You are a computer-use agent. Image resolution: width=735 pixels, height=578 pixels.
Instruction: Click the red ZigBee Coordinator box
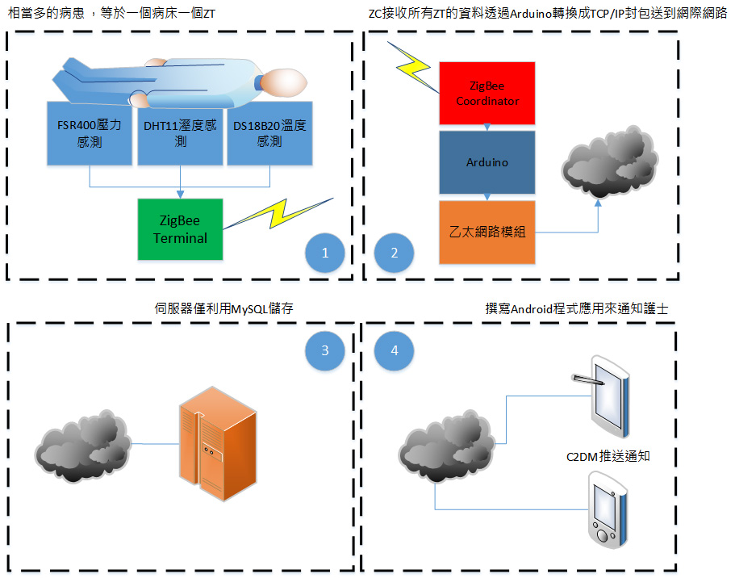[x=487, y=93]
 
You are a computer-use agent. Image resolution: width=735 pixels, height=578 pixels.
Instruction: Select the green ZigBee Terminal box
[x=180, y=229]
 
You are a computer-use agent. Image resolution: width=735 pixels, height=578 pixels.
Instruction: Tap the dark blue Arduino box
[x=487, y=161]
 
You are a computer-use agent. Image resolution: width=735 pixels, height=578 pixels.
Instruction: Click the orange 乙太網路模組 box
[x=487, y=232]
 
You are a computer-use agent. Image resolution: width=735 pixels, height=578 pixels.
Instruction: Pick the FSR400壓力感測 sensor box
[x=88, y=133]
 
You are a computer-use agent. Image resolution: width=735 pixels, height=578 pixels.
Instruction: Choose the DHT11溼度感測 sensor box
[x=180, y=133]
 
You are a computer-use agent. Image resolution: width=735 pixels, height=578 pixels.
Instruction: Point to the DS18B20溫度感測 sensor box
[x=270, y=133]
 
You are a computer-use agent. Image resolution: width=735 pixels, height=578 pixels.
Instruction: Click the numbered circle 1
[x=325, y=253]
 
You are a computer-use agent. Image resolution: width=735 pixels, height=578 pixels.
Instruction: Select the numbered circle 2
[x=395, y=253]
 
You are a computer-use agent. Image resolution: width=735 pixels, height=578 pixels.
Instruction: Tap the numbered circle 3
[x=325, y=350]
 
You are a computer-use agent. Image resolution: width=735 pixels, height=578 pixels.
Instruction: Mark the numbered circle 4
[x=395, y=350]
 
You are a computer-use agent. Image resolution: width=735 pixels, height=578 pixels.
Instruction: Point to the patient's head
[x=285, y=81]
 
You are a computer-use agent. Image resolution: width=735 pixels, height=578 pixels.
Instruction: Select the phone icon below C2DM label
[x=607, y=509]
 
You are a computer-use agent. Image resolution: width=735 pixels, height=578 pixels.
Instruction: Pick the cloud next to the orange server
[x=83, y=445]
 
